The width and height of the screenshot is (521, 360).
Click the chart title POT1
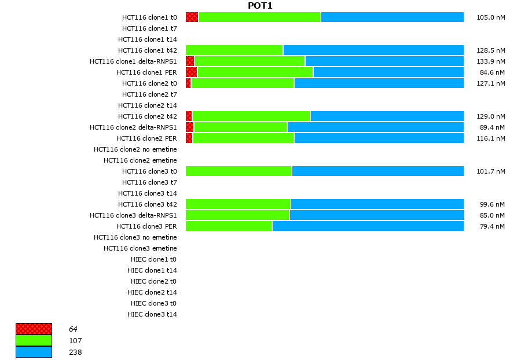(260, 6)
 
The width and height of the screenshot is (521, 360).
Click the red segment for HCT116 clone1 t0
(192, 17)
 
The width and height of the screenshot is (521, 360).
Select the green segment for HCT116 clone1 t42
(234, 50)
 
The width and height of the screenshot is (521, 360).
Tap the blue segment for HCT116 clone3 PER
(368, 226)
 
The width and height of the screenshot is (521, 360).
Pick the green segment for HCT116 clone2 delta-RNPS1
(241, 127)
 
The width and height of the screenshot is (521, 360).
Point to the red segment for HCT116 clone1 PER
(192, 72)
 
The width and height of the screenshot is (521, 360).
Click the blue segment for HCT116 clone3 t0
(377, 171)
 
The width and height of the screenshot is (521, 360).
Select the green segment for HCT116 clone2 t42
(251, 116)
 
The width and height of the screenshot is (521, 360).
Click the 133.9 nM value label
(490, 61)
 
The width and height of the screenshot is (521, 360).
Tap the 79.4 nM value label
(492, 226)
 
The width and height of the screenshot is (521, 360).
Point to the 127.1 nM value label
(490, 83)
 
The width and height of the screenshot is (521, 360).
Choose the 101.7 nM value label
(490, 171)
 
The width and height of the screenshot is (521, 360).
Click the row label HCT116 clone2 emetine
(140, 160)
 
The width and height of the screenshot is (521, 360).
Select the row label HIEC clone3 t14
(152, 314)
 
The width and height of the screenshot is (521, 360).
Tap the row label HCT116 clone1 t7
(149, 28)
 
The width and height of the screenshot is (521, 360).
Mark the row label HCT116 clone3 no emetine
(135, 237)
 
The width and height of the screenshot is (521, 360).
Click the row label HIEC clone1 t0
(153, 259)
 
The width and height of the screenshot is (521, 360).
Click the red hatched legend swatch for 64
(34, 329)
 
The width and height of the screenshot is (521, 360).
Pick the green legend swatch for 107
(34, 340)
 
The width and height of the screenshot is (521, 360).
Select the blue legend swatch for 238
(34, 352)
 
